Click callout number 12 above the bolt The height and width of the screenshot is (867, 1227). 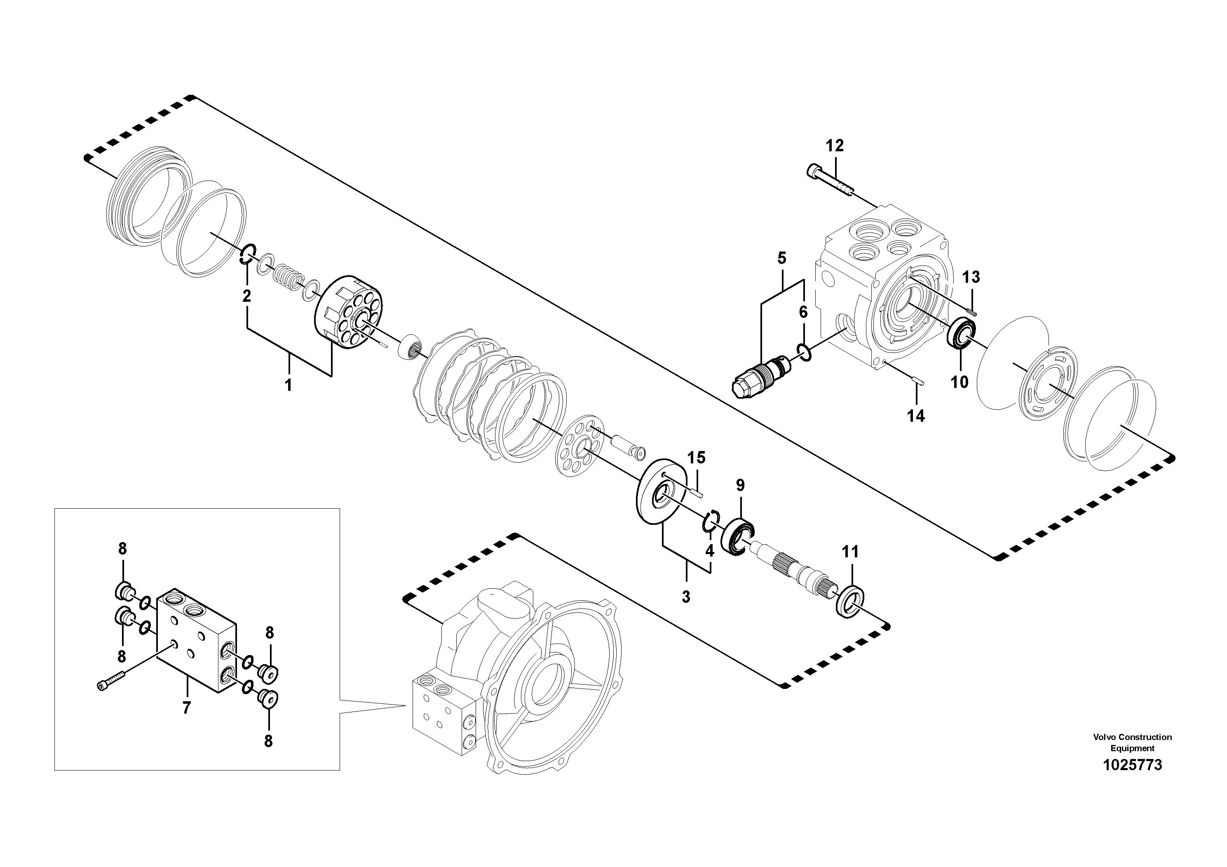(834, 146)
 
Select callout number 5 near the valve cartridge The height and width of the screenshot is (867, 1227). (782, 259)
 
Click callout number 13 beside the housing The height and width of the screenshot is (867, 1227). (971, 277)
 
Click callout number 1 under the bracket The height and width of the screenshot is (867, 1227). (288, 385)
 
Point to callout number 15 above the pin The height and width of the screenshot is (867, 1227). (696, 458)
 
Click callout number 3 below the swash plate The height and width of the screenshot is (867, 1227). (686, 597)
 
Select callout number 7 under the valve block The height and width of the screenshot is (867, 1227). (186, 708)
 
